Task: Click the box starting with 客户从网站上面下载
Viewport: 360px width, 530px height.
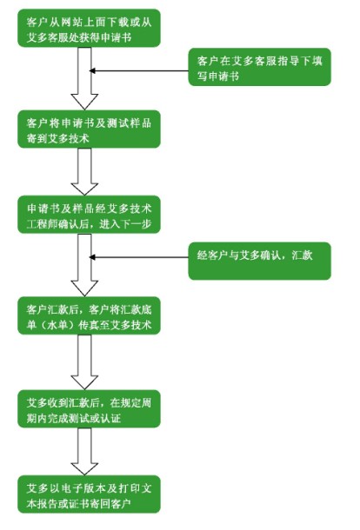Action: (89, 28)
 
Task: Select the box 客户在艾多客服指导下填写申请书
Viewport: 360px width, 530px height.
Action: (259, 67)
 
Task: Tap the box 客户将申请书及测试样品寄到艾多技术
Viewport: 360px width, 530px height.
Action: (89, 129)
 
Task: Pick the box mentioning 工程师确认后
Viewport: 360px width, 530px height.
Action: (89, 215)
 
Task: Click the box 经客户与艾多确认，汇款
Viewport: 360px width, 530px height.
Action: (259, 261)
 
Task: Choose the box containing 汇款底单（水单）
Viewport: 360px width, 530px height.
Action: (89, 315)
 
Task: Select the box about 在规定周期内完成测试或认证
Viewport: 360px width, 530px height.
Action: (89, 408)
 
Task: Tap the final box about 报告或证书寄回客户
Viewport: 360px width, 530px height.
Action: (89, 494)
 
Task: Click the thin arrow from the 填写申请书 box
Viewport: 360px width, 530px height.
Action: (139, 70)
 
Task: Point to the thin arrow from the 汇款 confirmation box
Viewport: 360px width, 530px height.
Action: (139, 257)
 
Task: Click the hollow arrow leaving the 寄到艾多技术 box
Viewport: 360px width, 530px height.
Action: (84, 172)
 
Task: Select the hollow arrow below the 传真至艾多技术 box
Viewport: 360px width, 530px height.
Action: (84, 362)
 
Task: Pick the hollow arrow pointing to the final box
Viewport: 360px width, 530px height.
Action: (84, 452)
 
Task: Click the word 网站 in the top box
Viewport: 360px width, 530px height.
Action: (70, 22)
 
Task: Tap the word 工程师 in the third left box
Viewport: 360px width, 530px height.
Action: (43, 224)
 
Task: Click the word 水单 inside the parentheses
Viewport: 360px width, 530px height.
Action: (57, 325)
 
